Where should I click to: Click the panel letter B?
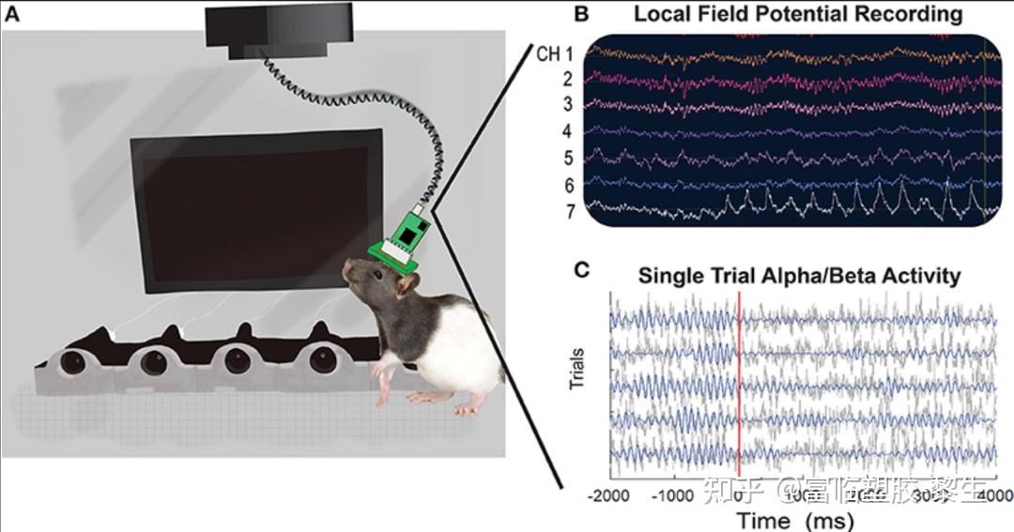click(x=582, y=13)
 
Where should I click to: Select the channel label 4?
click(x=567, y=130)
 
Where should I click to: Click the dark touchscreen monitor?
click(x=253, y=211)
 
